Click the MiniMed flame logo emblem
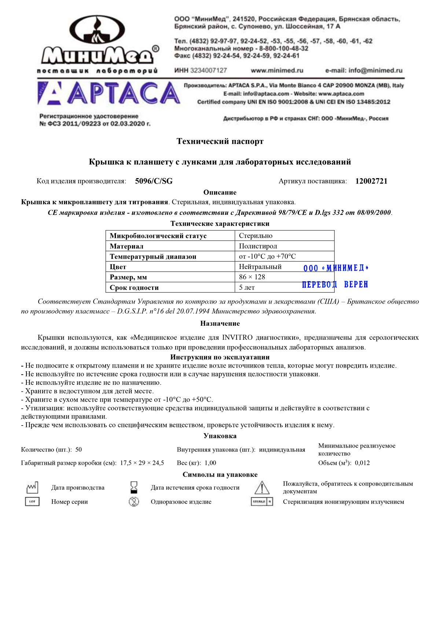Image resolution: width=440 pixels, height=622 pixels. [97, 31]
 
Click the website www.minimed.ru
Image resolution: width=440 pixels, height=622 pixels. [277, 70]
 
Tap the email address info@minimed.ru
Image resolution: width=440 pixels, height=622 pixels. [364, 70]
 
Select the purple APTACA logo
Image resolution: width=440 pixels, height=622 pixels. [109, 93]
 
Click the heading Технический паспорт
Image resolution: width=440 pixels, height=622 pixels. [220, 141]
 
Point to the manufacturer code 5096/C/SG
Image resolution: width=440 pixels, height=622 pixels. [154, 181]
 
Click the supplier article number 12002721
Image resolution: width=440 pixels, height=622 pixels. [371, 181]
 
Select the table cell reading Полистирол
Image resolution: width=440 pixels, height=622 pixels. [258, 246]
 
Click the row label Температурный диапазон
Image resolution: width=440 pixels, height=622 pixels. [153, 257]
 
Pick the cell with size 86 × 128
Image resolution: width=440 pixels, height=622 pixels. [252, 277]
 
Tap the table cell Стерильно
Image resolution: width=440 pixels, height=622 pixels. [256, 236]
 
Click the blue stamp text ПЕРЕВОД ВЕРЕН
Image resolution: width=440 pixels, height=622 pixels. [335, 285]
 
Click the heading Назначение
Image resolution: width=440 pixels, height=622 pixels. [220, 323]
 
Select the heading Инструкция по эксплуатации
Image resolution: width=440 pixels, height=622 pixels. [220, 357]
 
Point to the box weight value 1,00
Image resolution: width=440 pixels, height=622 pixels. [210, 463]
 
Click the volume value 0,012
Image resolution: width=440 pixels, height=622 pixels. [362, 463]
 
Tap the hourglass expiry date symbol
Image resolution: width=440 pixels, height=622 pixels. [134, 487]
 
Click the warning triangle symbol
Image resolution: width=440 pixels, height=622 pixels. [262, 488]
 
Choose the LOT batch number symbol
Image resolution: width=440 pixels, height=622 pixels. [32, 501]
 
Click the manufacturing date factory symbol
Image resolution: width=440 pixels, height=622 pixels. [32, 487]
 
